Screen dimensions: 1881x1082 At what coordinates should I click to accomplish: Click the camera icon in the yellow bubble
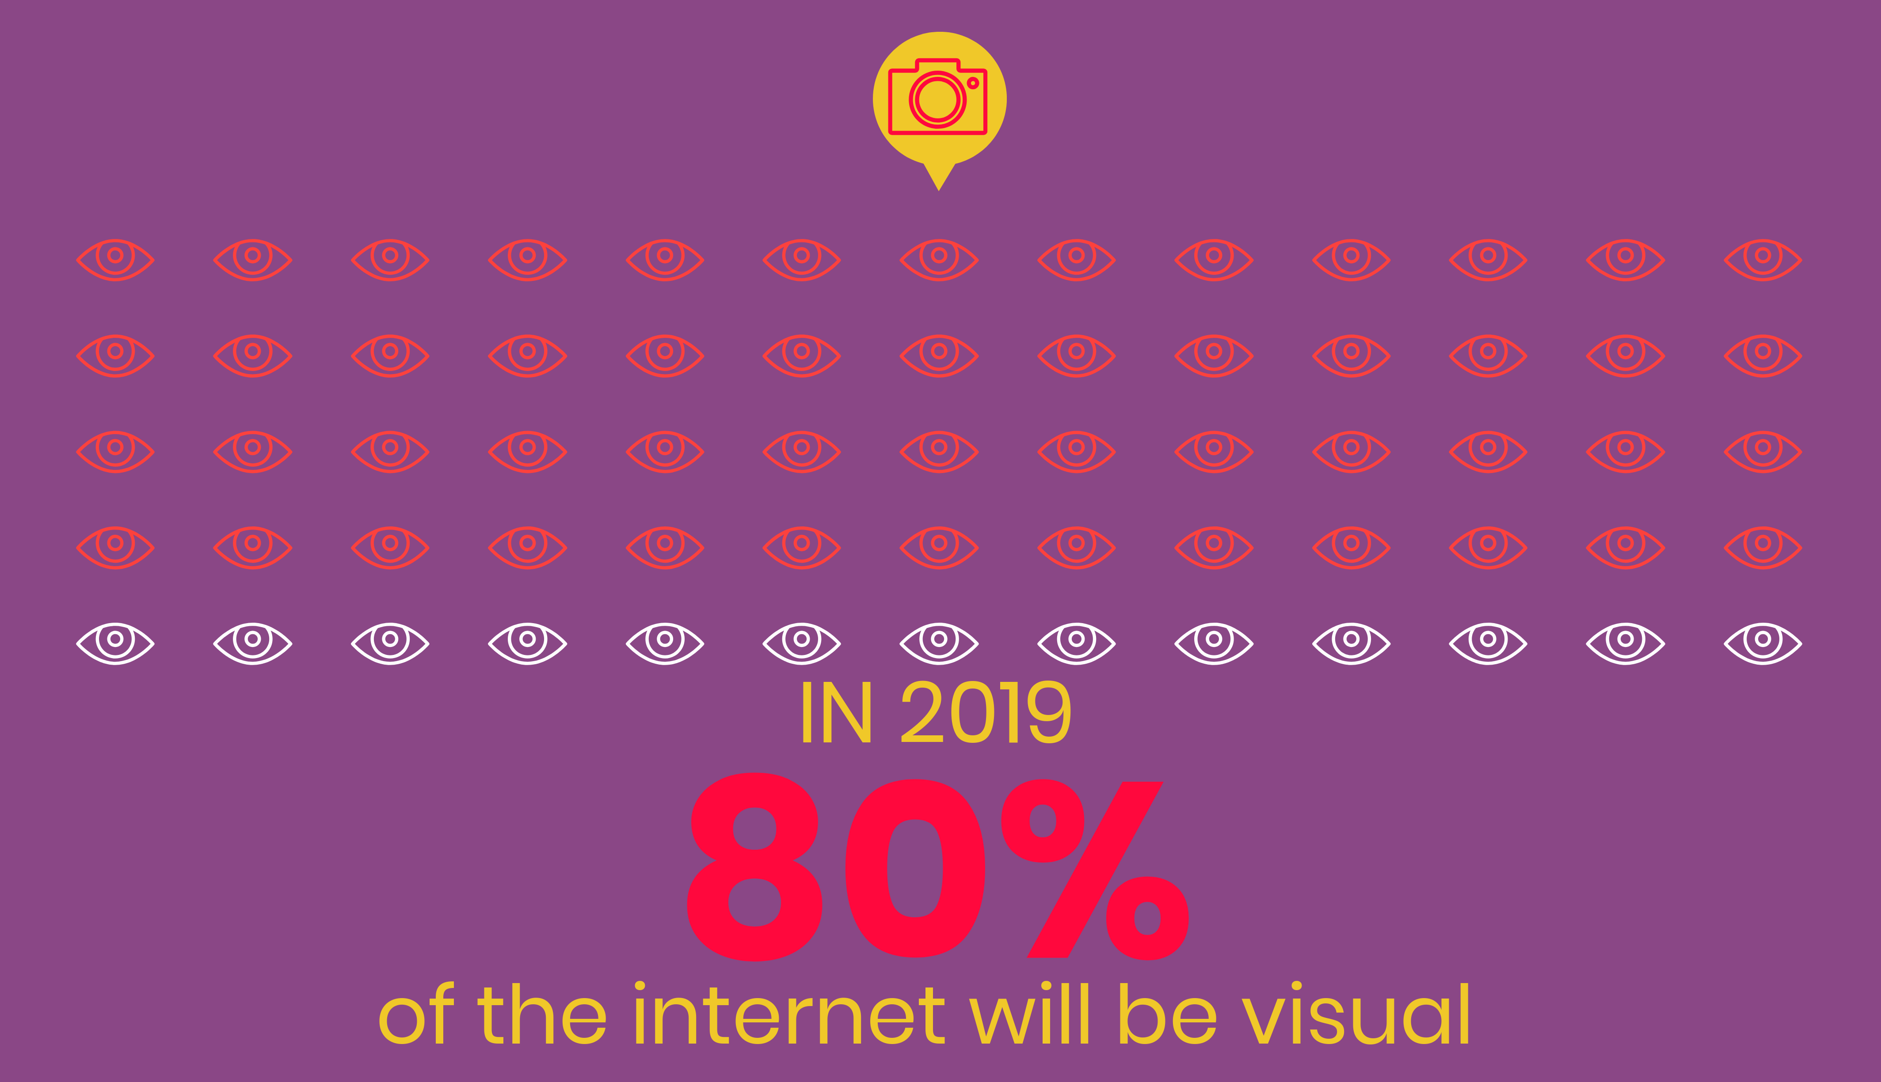(x=937, y=97)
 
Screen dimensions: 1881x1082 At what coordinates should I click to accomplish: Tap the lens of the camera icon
(x=937, y=99)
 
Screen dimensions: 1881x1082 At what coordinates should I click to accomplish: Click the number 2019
(x=986, y=713)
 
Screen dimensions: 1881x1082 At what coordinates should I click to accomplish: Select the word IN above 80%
(x=836, y=713)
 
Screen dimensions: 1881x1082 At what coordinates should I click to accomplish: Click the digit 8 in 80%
(x=754, y=866)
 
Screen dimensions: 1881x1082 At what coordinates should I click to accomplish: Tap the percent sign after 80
(x=1094, y=870)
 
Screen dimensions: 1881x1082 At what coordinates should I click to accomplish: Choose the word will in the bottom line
(x=1030, y=1014)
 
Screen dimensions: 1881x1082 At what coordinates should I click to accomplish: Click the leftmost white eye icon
(x=115, y=643)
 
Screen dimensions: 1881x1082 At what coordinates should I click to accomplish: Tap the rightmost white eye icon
(x=1763, y=643)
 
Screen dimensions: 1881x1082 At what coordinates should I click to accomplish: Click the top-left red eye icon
(x=115, y=260)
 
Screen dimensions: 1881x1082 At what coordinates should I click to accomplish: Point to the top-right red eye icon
(x=1763, y=260)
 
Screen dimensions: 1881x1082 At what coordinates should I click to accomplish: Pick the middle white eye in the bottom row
(x=939, y=643)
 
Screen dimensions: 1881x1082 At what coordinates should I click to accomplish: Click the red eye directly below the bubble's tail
(x=939, y=260)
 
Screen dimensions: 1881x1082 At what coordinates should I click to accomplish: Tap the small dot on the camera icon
(x=972, y=83)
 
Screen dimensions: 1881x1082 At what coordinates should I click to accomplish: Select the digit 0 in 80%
(x=915, y=868)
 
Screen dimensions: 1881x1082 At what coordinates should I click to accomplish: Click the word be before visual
(x=1167, y=1014)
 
